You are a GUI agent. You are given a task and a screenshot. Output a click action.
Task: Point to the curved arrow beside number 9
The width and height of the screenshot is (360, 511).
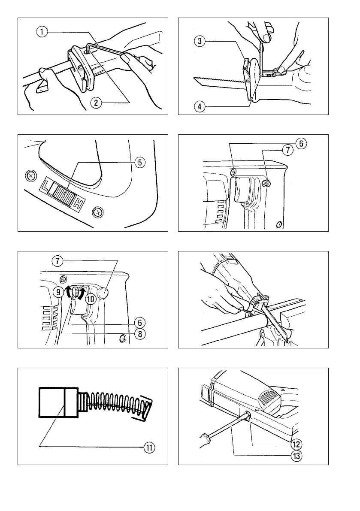pyautogui.click(x=66, y=293)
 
